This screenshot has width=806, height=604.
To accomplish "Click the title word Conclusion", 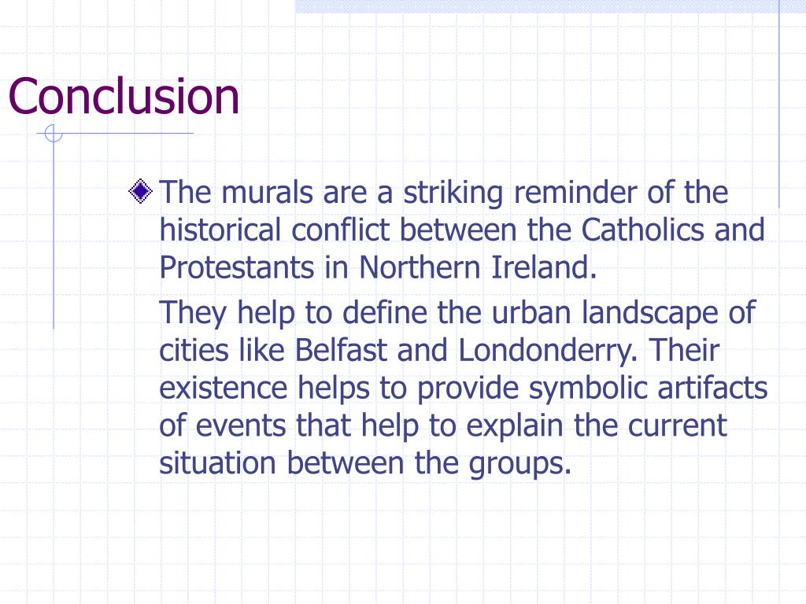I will (x=124, y=96).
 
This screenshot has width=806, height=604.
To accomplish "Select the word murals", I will (x=256, y=192).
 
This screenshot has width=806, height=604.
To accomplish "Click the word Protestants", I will (x=236, y=267).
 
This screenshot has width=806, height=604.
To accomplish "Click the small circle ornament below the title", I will (x=54, y=135).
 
